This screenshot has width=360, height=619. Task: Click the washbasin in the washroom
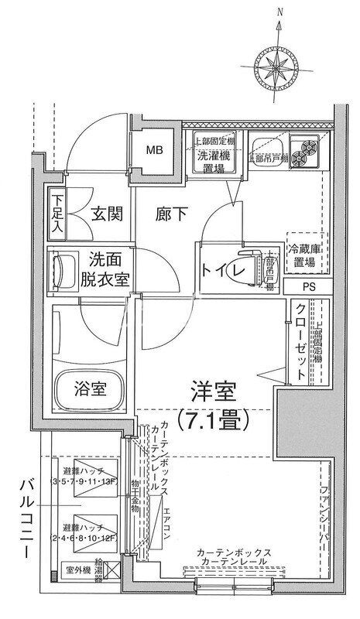61,271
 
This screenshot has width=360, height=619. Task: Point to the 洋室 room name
211,391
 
